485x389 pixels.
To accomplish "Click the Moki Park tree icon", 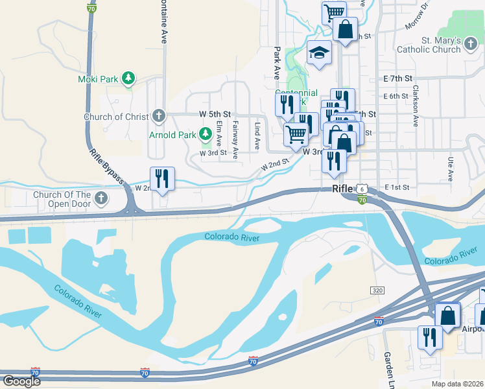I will (128, 79).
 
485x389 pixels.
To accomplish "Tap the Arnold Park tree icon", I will (206, 134).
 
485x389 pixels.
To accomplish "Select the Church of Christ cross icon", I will (158, 117).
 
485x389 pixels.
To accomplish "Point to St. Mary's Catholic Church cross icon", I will (471, 44).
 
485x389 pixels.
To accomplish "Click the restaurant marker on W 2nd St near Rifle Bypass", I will (162, 178).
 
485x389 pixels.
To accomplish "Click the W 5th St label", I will (215, 114).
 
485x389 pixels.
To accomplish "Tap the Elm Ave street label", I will (219, 132).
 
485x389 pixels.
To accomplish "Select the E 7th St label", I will (397, 78).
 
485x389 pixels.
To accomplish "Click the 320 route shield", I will (377, 290).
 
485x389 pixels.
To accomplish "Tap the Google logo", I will (21, 381).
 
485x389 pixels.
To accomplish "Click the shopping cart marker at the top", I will (333, 12).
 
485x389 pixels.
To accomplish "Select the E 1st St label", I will (397, 187).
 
